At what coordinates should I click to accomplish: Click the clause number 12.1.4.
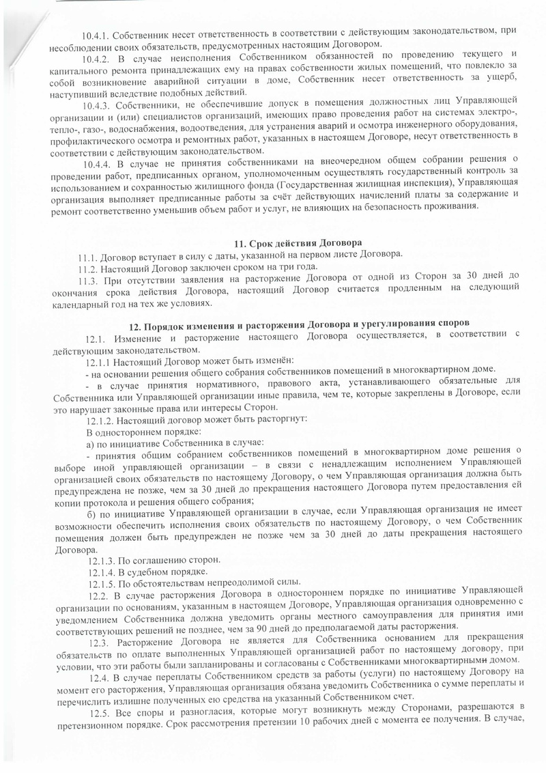pyautogui.click(x=101, y=572)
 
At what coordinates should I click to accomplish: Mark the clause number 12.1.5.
pyautogui.click(x=101, y=584)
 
